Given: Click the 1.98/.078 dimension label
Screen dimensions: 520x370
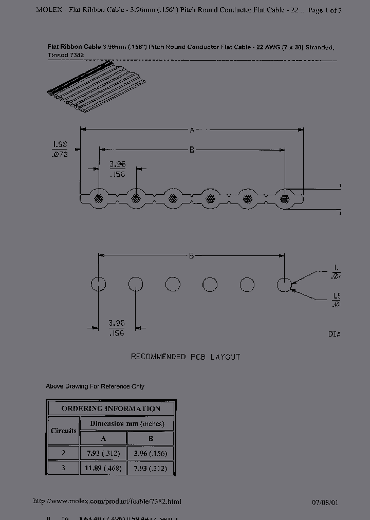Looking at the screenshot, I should click(60, 150).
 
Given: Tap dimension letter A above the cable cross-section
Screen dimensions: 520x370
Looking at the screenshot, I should click(192, 130).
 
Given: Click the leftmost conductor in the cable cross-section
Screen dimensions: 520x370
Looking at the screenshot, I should click(98, 197).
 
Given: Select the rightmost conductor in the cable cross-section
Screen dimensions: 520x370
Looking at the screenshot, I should click(284, 197).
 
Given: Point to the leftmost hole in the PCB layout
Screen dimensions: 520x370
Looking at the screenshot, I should click(98, 284).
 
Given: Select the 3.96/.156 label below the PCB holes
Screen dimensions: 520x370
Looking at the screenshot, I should click(117, 328).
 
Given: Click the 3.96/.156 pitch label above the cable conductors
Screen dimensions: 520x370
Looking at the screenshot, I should click(117, 169).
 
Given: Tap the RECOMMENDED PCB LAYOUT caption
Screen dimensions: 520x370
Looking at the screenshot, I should click(185, 357).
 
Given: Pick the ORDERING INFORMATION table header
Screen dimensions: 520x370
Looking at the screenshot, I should click(111, 408).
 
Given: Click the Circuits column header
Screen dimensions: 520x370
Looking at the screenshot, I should click(64, 431).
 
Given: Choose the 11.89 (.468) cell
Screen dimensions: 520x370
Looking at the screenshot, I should click(103, 468).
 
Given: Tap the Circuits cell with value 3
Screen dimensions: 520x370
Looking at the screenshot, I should click(64, 468).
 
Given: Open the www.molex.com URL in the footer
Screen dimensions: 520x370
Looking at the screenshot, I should click(107, 502).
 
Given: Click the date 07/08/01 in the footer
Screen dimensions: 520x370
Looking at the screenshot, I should click(325, 503).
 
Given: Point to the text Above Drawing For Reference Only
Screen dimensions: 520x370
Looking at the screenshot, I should click(95, 386).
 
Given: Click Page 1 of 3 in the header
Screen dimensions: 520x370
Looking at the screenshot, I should click(325, 10).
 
